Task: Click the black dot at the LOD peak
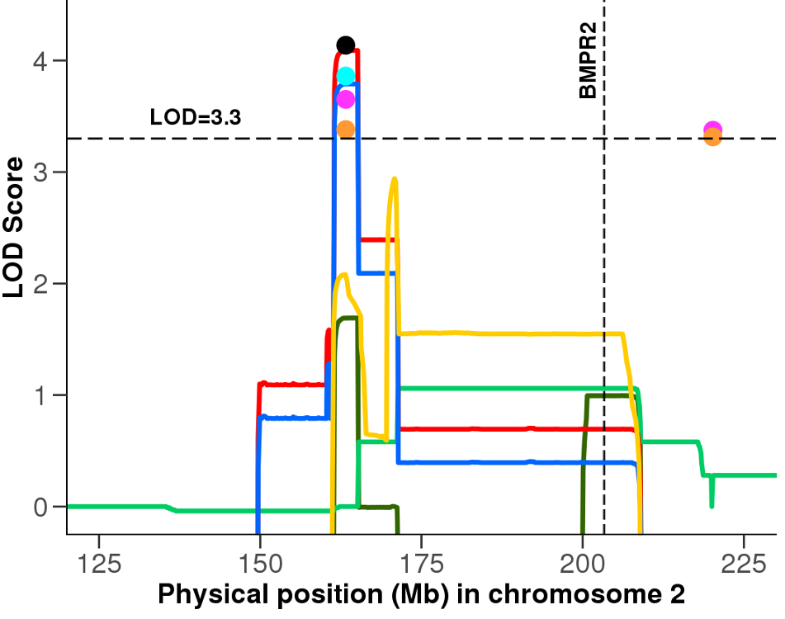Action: (346, 45)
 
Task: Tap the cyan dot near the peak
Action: (346, 76)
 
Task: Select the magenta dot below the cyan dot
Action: (346, 99)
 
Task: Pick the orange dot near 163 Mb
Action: (346, 129)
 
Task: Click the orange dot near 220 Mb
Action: (713, 138)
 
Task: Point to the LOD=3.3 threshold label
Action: (196, 117)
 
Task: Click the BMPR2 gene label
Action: (588, 62)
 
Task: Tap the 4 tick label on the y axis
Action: (38, 61)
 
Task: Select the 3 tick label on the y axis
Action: (38, 172)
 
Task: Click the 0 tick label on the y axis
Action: (38, 507)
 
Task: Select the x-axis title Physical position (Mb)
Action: (421, 593)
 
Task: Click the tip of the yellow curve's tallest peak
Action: (395, 178)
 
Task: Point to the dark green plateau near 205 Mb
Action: (611, 395)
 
